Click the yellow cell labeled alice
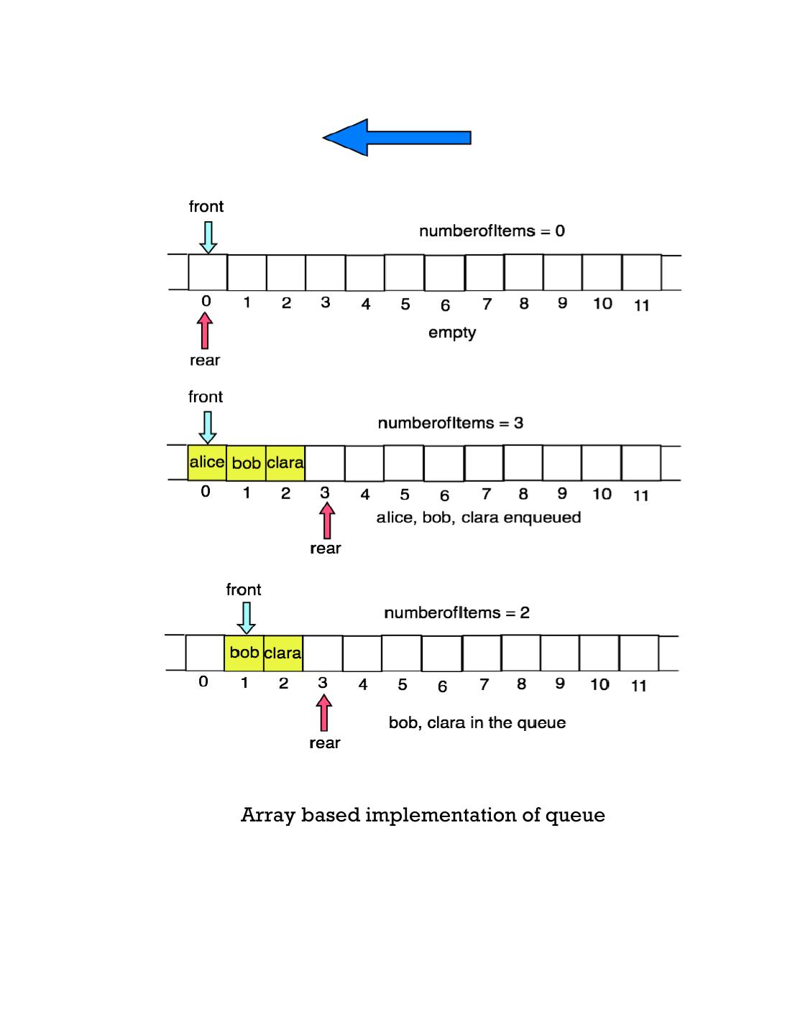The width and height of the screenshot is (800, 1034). (x=207, y=462)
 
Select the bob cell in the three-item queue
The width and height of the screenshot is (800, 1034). (x=246, y=463)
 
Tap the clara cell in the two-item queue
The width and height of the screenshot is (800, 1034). (x=283, y=653)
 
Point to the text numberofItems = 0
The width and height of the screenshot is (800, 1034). (x=492, y=231)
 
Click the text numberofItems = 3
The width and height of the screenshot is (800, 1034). (x=451, y=423)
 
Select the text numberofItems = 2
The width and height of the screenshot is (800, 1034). (x=456, y=613)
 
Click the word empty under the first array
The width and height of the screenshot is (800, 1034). (x=452, y=332)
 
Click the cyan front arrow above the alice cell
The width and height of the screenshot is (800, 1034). (x=207, y=427)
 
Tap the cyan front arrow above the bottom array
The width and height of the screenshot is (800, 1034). (x=246, y=618)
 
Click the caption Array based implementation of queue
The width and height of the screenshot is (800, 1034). (x=423, y=815)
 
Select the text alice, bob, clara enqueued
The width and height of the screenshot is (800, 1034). (x=479, y=518)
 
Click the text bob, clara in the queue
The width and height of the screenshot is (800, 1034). (x=477, y=722)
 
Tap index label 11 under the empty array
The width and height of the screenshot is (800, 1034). (x=641, y=306)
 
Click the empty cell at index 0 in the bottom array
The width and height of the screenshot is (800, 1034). (x=205, y=653)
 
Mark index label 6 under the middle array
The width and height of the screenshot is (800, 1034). (x=444, y=495)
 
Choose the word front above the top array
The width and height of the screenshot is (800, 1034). (x=206, y=207)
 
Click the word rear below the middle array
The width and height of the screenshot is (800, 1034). (x=325, y=549)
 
